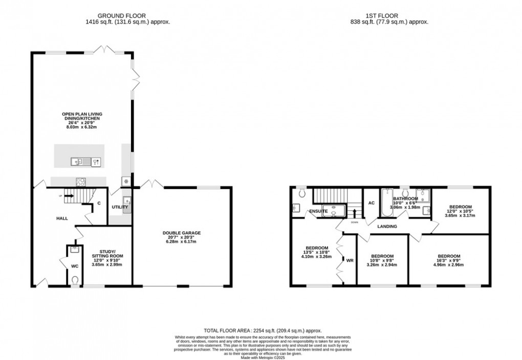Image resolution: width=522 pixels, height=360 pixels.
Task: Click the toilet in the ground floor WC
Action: click(75, 280)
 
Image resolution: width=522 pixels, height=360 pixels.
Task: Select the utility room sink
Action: click(126, 201)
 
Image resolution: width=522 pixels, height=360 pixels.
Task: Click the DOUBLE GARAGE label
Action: click(182, 233)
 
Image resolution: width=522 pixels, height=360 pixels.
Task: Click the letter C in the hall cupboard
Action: click(98, 203)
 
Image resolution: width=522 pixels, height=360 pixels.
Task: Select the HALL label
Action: click(62, 219)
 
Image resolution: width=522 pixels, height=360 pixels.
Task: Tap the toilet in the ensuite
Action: click(302, 194)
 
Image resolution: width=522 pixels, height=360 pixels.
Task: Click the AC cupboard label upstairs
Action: click(372, 203)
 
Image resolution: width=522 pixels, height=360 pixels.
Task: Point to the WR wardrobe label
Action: click(350, 260)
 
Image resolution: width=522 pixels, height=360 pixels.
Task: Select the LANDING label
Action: click(387, 226)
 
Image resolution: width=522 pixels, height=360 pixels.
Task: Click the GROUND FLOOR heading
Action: click(127, 16)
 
